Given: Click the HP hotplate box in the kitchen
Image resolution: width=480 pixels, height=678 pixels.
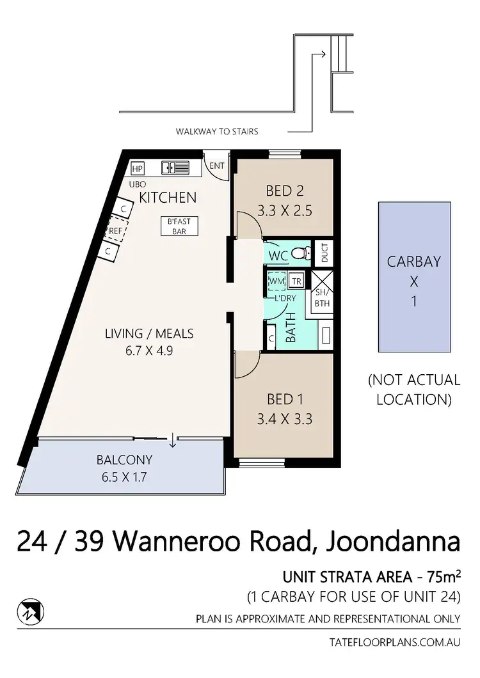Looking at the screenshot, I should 137,169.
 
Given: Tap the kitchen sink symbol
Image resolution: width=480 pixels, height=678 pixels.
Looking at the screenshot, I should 175,168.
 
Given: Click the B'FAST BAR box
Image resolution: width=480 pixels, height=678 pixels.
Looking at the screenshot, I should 179,226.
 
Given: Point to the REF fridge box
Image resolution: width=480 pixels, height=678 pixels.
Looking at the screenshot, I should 115,231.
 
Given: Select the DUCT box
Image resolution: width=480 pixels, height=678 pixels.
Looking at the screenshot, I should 324,253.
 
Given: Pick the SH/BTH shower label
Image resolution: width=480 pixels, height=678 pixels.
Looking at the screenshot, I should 321,299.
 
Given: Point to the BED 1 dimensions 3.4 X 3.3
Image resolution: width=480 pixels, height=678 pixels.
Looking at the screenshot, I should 285,420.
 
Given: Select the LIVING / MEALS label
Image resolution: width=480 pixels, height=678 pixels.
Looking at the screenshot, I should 150,333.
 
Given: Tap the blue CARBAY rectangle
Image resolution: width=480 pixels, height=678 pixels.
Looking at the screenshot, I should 413,276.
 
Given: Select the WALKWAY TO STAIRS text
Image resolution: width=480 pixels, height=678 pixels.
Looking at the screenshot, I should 217,132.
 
